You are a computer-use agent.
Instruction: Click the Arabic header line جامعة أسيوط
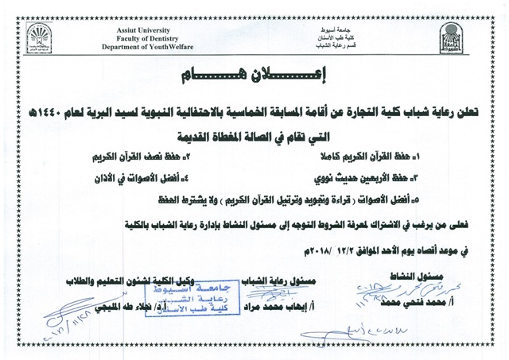[x=332, y=29]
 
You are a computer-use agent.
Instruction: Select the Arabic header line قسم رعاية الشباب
[x=332, y=46]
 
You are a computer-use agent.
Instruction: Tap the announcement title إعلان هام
[x=254, y=76]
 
